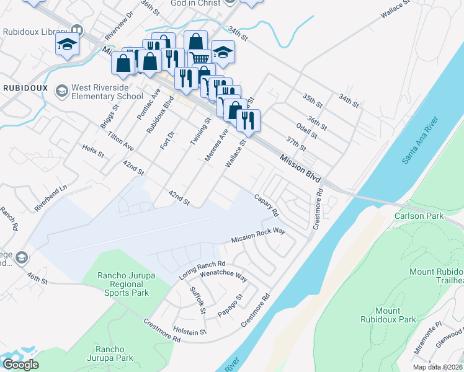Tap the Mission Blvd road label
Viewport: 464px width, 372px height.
click(300, 169)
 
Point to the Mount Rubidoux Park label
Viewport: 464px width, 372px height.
click(388, 315)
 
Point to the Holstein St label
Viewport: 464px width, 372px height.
click(190, 332)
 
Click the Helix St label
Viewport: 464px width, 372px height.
click(93, 151)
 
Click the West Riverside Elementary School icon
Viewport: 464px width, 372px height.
click(61, 92)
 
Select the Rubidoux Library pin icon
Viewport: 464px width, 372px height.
click(77, 30)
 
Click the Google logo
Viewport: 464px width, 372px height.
click(20, 365)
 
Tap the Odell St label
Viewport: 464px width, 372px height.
click(306, 130)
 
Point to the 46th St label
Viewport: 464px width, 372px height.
click(37, 278)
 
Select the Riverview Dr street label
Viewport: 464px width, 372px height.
click(120, 24)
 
